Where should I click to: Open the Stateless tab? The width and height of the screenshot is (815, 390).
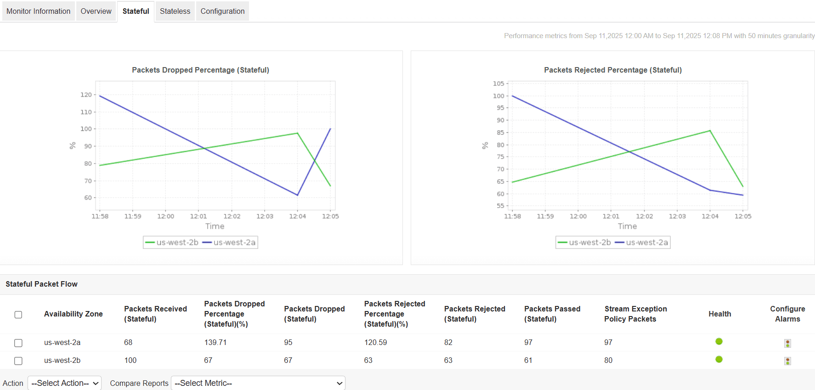click(175, 11)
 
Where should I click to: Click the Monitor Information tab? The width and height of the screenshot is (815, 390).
click(38, 11)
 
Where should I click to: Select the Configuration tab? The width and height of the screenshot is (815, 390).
click(222, 11)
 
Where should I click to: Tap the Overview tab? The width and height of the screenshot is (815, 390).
click(96, 11)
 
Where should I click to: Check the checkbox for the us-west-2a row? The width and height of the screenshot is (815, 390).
click(18, 343)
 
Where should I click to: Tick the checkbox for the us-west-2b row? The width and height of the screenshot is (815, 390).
click(18, 361)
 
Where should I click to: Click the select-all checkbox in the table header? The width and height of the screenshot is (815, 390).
click(18, 315)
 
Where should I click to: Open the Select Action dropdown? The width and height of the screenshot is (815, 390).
click(65, 383)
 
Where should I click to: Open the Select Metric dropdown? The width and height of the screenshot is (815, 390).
click(258, 383)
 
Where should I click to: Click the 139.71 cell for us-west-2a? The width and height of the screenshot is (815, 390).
click(215, 343)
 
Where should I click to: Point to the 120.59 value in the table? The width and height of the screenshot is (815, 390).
click(375, 343)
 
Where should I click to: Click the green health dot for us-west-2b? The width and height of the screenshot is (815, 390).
click(719, 359)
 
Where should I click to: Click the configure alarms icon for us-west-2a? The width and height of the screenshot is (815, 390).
click(787, 343)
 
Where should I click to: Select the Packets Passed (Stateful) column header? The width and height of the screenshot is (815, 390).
click(552, 314)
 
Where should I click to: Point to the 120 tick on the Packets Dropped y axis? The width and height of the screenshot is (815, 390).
click(86, 95)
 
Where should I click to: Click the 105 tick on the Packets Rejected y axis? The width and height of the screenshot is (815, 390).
click(498, 84)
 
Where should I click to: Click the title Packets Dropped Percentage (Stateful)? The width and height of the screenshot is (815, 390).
click(200, 70)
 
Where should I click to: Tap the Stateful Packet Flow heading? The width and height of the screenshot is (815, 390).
click(41, 284)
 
